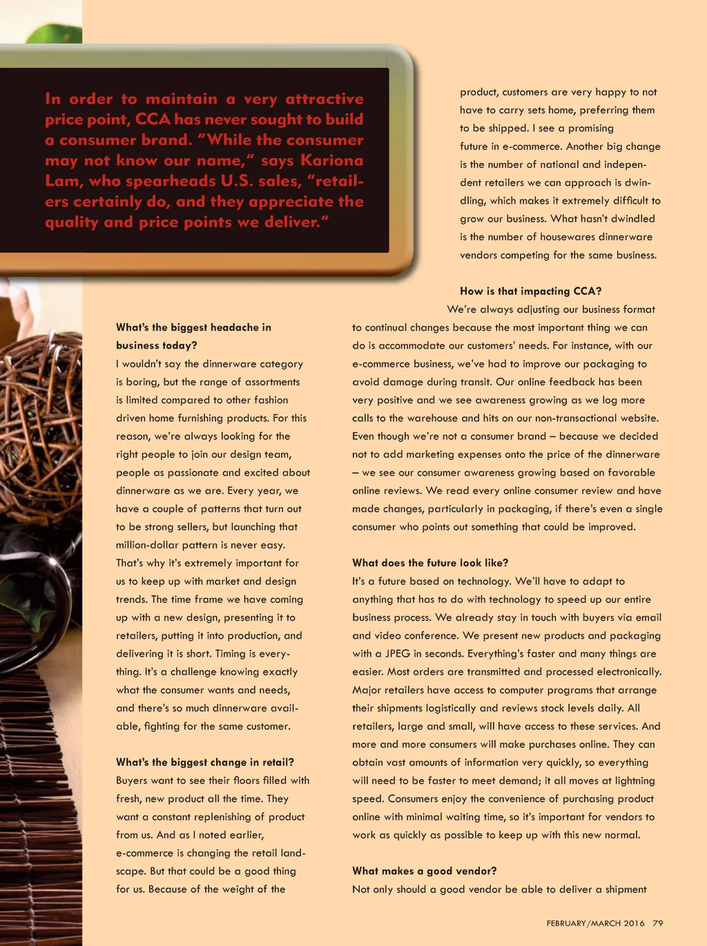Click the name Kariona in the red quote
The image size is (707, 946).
(x=331, y=161)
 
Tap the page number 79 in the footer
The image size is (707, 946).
(x=657, y=923)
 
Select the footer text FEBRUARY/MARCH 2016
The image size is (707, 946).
(x=595, y=923)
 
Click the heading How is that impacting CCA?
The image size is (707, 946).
(x=530, y=291)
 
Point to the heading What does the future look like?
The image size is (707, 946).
(x=430, y=563)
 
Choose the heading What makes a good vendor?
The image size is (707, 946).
(x=424, y=871)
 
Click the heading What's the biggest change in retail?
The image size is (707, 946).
(x=205, y=762)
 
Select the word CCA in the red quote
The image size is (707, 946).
(x=153, y=119)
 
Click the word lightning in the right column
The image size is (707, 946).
(x=630, y=780)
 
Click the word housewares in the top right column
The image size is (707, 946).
(x=571, y=237)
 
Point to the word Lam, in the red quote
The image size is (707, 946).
(x=63, y=181)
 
